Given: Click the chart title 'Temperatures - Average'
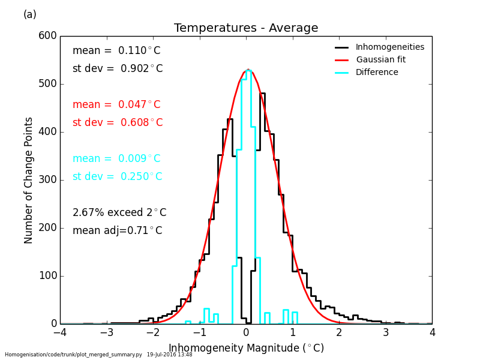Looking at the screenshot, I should click(x=246, y=28).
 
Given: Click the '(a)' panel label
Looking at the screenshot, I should click(x=30, y=14).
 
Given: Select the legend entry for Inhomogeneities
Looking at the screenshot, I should click(x=389, y=47).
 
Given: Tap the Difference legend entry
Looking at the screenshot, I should click(x=377, y=72).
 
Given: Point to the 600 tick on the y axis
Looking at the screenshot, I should click(x=48, y=36).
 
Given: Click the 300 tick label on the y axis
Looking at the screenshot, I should click(x=48, y=180).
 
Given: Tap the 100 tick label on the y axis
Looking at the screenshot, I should click(x=48, y=276).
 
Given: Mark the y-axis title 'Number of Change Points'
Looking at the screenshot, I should click(x=29, y=180).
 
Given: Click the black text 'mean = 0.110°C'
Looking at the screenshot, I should click(x=116, y=51).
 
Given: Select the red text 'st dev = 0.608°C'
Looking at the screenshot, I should click(x=118, y=123).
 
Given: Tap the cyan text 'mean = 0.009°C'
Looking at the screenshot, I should click(x=116, y=159).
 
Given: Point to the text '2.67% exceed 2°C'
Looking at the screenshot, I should click(x=119, y=213).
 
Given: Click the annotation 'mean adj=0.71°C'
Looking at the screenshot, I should click(x=118, y=231).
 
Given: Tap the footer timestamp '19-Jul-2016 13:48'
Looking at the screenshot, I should click(x=170, y=355).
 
